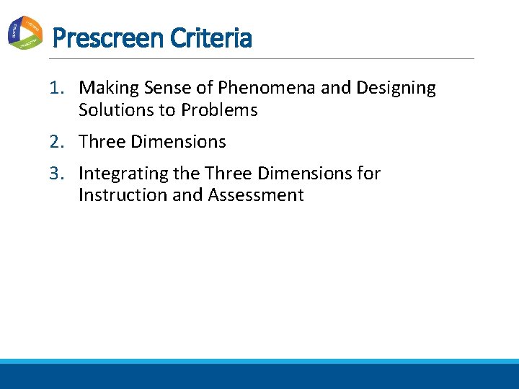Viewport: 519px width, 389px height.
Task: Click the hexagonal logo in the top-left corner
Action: pos(25,32)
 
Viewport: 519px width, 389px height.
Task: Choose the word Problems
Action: pos(219,110)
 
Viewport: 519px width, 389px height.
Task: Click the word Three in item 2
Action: pos(102,143)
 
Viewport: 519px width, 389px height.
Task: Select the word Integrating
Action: pos(123,174)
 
